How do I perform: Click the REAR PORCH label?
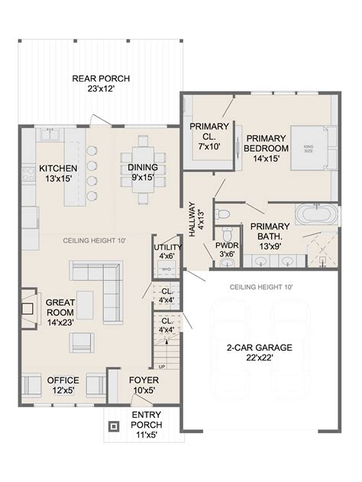click(x=101, y=83)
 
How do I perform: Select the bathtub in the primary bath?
click(x=314, y=213)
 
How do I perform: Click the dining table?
click(x=143, y=169)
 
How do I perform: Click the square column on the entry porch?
click(x=114, y=426)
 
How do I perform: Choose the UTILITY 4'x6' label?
click(x=166, y=252)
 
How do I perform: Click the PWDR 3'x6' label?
click(x=227, y=250)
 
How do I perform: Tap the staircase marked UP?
click(x=166, y=354)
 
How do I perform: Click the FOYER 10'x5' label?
click(x=143, y=386)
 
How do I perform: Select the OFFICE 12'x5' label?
click(x=63, y=386)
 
